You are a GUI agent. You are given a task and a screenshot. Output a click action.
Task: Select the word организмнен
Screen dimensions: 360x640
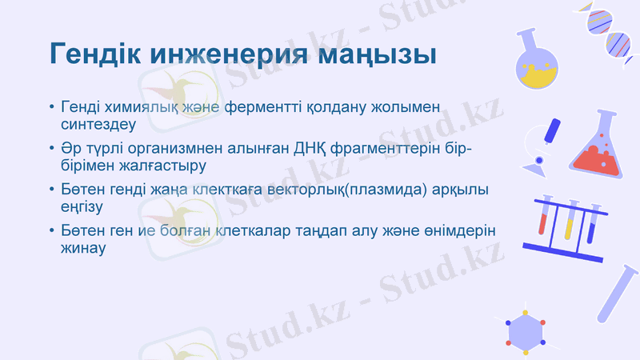pos(187,150)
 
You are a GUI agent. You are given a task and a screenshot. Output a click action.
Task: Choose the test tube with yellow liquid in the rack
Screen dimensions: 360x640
pos(570,220)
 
